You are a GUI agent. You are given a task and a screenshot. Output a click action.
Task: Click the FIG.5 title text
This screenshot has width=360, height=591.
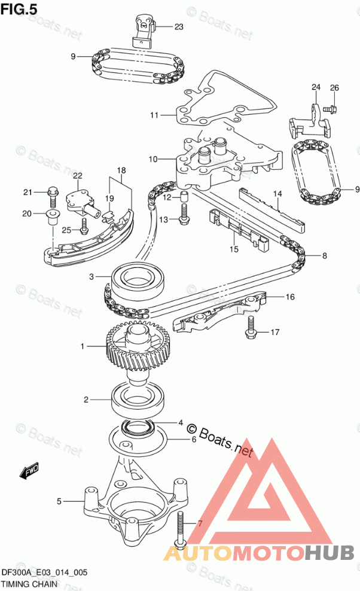(x=19, y=9)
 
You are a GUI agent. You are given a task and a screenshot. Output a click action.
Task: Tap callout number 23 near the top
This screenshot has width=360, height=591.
(x=179, y=27)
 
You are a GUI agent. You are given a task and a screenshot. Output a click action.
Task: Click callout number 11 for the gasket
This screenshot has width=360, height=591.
(x=154, y=115)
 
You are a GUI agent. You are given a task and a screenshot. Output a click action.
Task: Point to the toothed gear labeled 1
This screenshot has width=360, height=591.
(x=139, y=348)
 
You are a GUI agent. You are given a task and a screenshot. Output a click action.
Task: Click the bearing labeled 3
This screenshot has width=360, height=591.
(x=138, y=281)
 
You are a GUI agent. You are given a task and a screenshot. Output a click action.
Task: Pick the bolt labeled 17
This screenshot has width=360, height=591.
(x=251, y=327)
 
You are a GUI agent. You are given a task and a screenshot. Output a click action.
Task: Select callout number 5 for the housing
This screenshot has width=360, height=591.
(x=59, y=501)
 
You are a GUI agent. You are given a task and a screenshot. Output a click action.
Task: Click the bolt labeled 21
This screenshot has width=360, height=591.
(x=53, y=196)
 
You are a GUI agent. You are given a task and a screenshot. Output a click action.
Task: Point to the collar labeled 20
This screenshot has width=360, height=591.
(x=51, y=218)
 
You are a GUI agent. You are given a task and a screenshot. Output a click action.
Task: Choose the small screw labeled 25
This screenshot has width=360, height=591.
(x=84, y=226)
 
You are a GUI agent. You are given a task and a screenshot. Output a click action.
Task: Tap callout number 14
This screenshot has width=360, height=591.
(x=277, y=194)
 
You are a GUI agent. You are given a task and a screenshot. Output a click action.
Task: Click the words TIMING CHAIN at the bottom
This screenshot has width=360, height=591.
(x=29, y=584)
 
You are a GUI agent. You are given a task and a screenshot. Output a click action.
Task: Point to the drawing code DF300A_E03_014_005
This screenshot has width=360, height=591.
(x=44, y=572)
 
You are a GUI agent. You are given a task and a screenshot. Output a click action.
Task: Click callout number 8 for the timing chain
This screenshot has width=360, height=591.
(x=325, y=256)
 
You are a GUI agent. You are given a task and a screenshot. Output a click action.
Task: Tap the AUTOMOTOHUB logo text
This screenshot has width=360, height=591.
(x=259, y=553)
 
